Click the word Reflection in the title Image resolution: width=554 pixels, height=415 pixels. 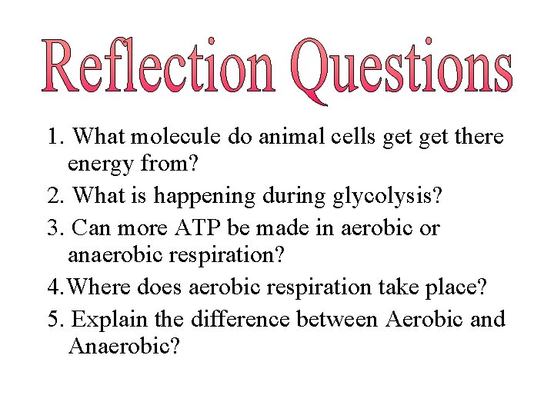point(158,68)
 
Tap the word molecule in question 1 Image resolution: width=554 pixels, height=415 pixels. point(177,138)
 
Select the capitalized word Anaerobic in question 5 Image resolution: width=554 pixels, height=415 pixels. point(124,347)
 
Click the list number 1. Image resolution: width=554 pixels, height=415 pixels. point(55,138)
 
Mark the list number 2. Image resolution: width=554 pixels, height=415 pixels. point(55,197)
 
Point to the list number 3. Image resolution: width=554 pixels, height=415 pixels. point(55,228)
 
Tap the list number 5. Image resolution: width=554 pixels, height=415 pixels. point(55,319)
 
